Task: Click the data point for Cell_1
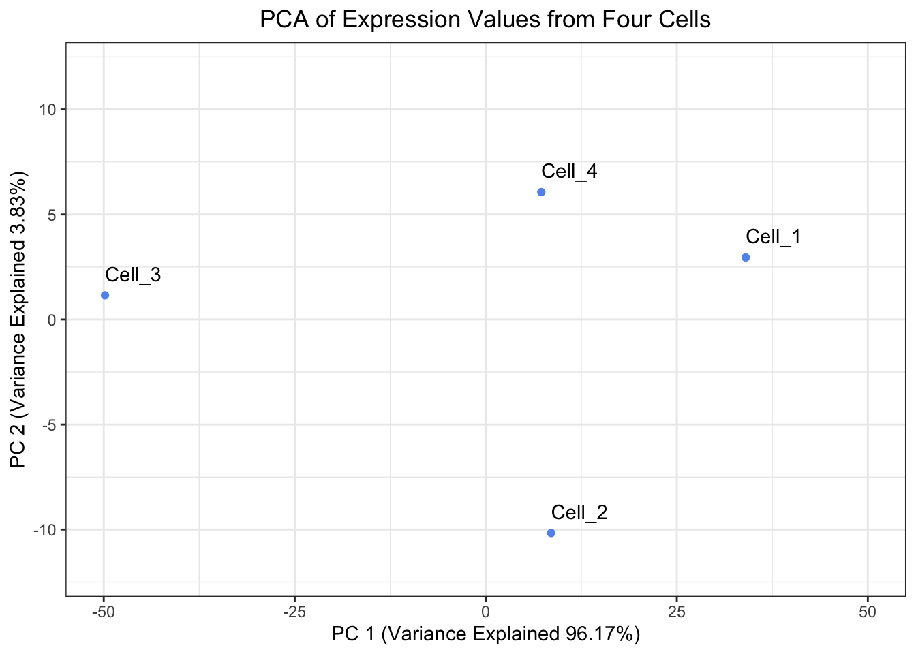[x=745, y=258]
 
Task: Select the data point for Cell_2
[x=551, y=533]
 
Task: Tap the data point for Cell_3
[x=105, y=295]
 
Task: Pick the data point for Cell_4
[x=541, y=192]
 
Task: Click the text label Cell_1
[x=773, y=237]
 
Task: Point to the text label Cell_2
[x=579, y=512]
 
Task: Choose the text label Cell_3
[x=133, y=275]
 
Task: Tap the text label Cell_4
[x=569, y=172]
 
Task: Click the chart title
[x=485, y=20]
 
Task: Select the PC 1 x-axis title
[x=485, y=634]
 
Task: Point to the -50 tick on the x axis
[x=104, y=612]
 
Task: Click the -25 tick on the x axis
[x=294, y=612]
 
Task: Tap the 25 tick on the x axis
[x=676, y=612]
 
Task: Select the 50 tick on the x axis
[x=868, y=612]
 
